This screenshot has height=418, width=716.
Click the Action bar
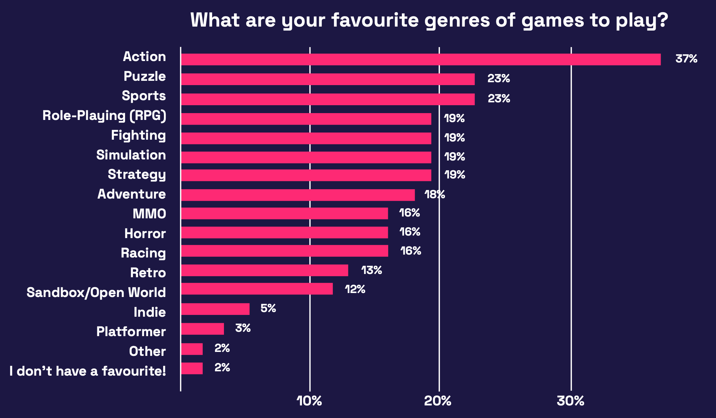421,60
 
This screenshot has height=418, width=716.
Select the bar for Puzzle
328,79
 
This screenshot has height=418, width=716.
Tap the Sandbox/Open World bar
257,289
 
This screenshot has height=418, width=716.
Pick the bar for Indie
215,309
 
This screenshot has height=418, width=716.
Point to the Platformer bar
202,329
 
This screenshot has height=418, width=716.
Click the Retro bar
265,270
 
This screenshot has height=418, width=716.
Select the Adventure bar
298,195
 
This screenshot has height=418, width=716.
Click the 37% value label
686,59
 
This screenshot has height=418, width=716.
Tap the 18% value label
435,195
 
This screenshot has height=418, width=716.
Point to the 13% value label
372,270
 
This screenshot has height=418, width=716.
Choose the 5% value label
268,308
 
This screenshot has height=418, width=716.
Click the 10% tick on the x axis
309,401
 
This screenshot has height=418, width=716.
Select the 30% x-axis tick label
570,401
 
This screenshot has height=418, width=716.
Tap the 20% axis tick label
438,401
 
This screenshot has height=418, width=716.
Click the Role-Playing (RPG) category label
104,116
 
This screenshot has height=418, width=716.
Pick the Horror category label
145,234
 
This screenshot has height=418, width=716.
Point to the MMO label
149,214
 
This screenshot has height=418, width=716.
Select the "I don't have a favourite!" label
88,371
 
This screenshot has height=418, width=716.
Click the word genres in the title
457,20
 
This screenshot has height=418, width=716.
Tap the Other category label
147,351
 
